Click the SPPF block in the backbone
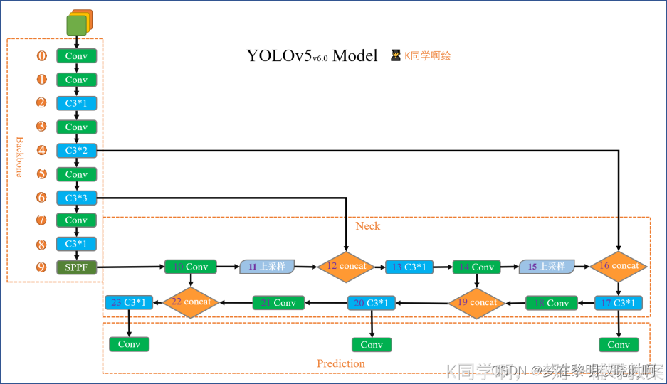(x=76, y=267)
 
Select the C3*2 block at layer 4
(x=76, y=150)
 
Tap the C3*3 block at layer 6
(x=76, y=198)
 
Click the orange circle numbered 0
(x=42, y=55)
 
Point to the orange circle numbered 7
(x=42, y=220)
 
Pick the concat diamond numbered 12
(x=346, y=266)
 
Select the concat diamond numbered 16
(x=619, y=265)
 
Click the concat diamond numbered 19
(x=476, y=302)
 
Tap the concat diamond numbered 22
(x=190, y=302)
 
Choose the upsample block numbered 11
(x=267, y=267)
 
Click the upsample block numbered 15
(x=546, y=266)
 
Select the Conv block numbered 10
(x=190, y=267)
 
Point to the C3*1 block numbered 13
(x=409, y=267)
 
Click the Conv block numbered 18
(x=552, y=303)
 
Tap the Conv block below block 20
(x=372, y=345)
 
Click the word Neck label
(x=368, y=226)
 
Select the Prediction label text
(x=341, y=363)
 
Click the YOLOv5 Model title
(x=312, y=55)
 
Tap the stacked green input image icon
(x=77, y=23)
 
